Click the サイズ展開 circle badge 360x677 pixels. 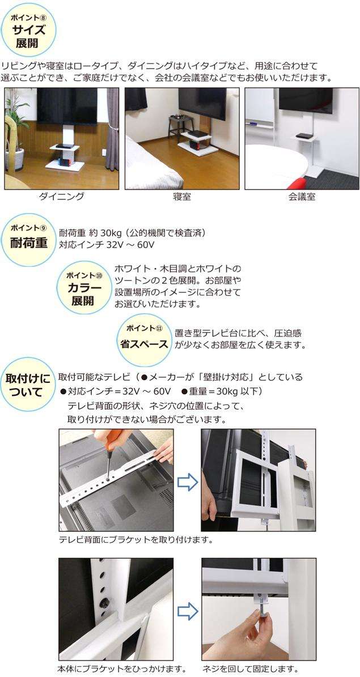(28, 30)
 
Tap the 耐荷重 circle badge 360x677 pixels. (28, 240)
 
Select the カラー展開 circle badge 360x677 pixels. (84, 287)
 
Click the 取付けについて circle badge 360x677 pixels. (28, 384)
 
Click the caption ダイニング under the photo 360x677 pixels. (61, 197)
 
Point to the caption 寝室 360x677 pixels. (181, 197)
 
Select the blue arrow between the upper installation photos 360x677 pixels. (188, 482)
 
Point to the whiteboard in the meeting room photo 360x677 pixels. (260, 108)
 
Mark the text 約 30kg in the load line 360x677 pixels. (98, 233)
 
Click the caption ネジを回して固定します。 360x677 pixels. (250, 670)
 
